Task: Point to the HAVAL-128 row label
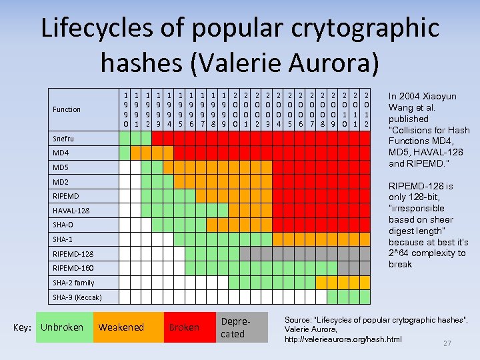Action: pos(71,211)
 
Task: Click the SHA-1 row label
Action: pos(63,239)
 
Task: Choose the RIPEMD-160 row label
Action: pos(73,268)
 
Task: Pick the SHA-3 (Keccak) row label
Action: pos(77,297)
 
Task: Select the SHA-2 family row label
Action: pos(73,283)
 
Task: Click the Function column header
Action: pos(67,109)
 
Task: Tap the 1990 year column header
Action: pos(126,110)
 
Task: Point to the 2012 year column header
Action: pos(366,110)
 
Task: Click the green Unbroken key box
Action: pos(62,327)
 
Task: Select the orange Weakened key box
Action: pos(121,327)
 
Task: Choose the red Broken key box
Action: pos(183,327)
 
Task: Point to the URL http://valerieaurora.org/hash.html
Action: pos(343,339)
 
